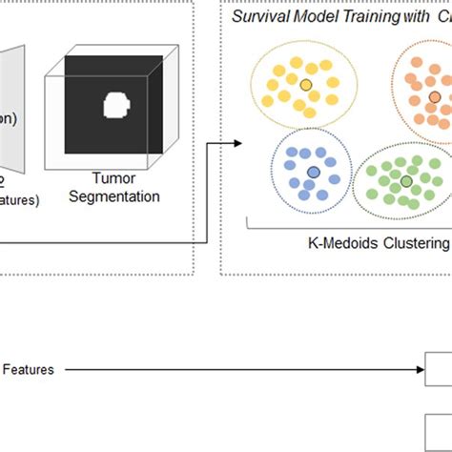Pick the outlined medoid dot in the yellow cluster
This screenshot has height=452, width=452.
click(x=305, y=86)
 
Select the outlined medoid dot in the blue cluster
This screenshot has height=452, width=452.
click(x=313, y=172)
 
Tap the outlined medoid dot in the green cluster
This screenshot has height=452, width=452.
click(x=406, y=180)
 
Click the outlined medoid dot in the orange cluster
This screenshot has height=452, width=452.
click(x=435, y=97)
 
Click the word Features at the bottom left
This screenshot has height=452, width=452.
click(x=29, y=369)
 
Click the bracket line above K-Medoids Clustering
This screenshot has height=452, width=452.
click(x=343, y=225)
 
